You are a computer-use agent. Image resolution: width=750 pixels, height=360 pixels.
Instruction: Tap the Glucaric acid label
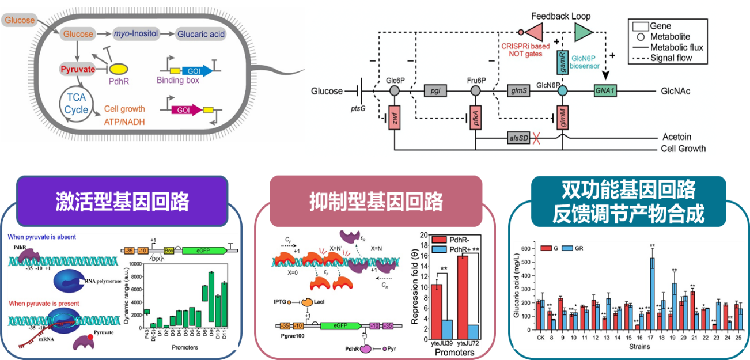201,34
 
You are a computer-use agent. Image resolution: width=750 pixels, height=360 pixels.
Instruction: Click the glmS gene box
515,91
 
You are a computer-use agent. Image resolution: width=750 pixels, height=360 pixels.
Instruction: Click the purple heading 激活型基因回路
122,201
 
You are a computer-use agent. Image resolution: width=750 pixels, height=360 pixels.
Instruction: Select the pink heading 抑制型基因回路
376,201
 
